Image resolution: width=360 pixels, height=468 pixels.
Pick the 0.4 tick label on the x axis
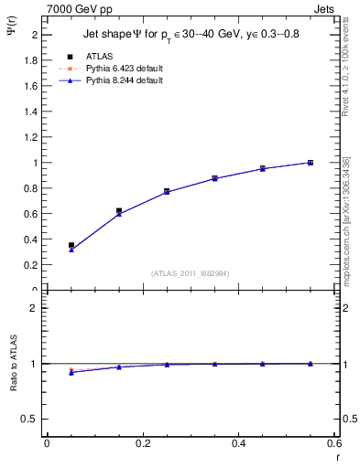(x=239, y=443)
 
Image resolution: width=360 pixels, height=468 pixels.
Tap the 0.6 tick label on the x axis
(x=334, y=443)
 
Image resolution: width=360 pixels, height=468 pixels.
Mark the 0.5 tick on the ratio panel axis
(x=30, y=419)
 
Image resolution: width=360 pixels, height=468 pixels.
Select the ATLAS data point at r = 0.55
(x=311, y=163)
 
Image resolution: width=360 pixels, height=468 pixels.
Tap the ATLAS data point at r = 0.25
(x=167, y=191)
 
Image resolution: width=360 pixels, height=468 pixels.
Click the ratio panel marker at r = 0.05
(x=71, y=372)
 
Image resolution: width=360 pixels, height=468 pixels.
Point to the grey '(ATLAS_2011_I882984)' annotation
(x=190, y=273)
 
